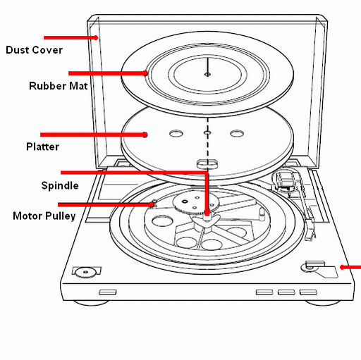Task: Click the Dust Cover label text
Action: tap(35, 50)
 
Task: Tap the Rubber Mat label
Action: tap(59, 86)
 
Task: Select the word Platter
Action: tap(42, 147)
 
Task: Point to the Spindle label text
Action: tap(60, 186)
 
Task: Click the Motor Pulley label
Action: tap(44, 216)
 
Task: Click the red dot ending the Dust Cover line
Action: tap(96, 37)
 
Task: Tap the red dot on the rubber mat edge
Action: tap(146, 73)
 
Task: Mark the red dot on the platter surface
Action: tap(145, 135)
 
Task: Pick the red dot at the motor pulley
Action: tap(152, 205)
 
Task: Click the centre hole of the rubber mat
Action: tap(207, 75)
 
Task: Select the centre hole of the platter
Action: tap(207, 133)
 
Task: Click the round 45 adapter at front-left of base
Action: tap(85, 272)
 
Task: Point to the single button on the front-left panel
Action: tap(108, 292)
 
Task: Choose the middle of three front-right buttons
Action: tap(286, 292)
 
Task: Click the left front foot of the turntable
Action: tap(91, 303)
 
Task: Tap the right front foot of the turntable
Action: tap(322, 303)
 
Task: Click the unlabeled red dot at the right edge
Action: tap(342, 267)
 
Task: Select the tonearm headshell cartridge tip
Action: tap(310, 235)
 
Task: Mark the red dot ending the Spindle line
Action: tap(207, 213)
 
